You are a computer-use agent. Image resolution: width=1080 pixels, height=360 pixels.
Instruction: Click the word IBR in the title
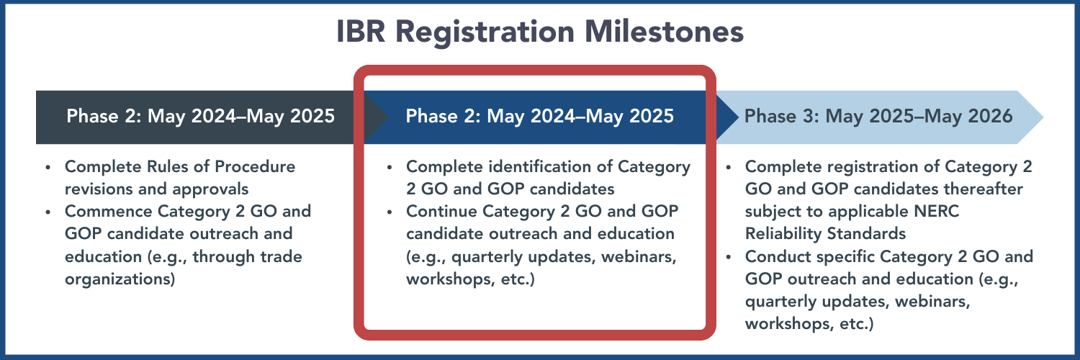pos(361,32)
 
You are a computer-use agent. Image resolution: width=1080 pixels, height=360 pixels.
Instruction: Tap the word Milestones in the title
pos(664,32)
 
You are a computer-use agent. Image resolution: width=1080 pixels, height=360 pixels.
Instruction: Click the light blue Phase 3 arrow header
pos(880,117)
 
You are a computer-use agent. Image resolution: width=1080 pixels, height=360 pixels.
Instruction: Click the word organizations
pos(120,279)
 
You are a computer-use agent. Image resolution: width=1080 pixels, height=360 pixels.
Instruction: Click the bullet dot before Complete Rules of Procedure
pos(48,167)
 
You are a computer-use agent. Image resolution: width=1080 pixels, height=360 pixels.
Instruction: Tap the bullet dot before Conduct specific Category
pos(728,257)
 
